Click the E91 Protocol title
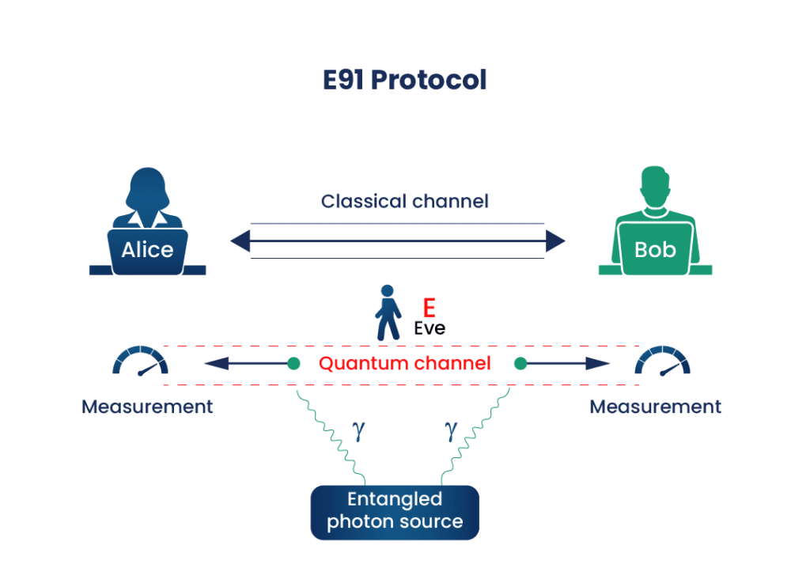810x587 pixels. point(404,81)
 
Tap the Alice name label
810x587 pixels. point(147,250)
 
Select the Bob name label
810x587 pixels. point(655,250)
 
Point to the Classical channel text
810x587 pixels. point(404,201)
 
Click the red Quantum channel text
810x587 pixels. point(405,364)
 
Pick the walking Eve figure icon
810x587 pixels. point(387,313)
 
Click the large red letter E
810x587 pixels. point(429,307)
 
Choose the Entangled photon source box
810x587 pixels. point(395,511)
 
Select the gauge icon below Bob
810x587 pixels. point(663,361)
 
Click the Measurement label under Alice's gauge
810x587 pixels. point(147,407)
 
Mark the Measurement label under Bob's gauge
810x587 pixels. point(655,407)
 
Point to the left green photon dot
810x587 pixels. point(294,364)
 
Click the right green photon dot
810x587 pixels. point(520,364)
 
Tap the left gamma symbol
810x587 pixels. point(358,430)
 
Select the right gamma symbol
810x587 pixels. point(451,430)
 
